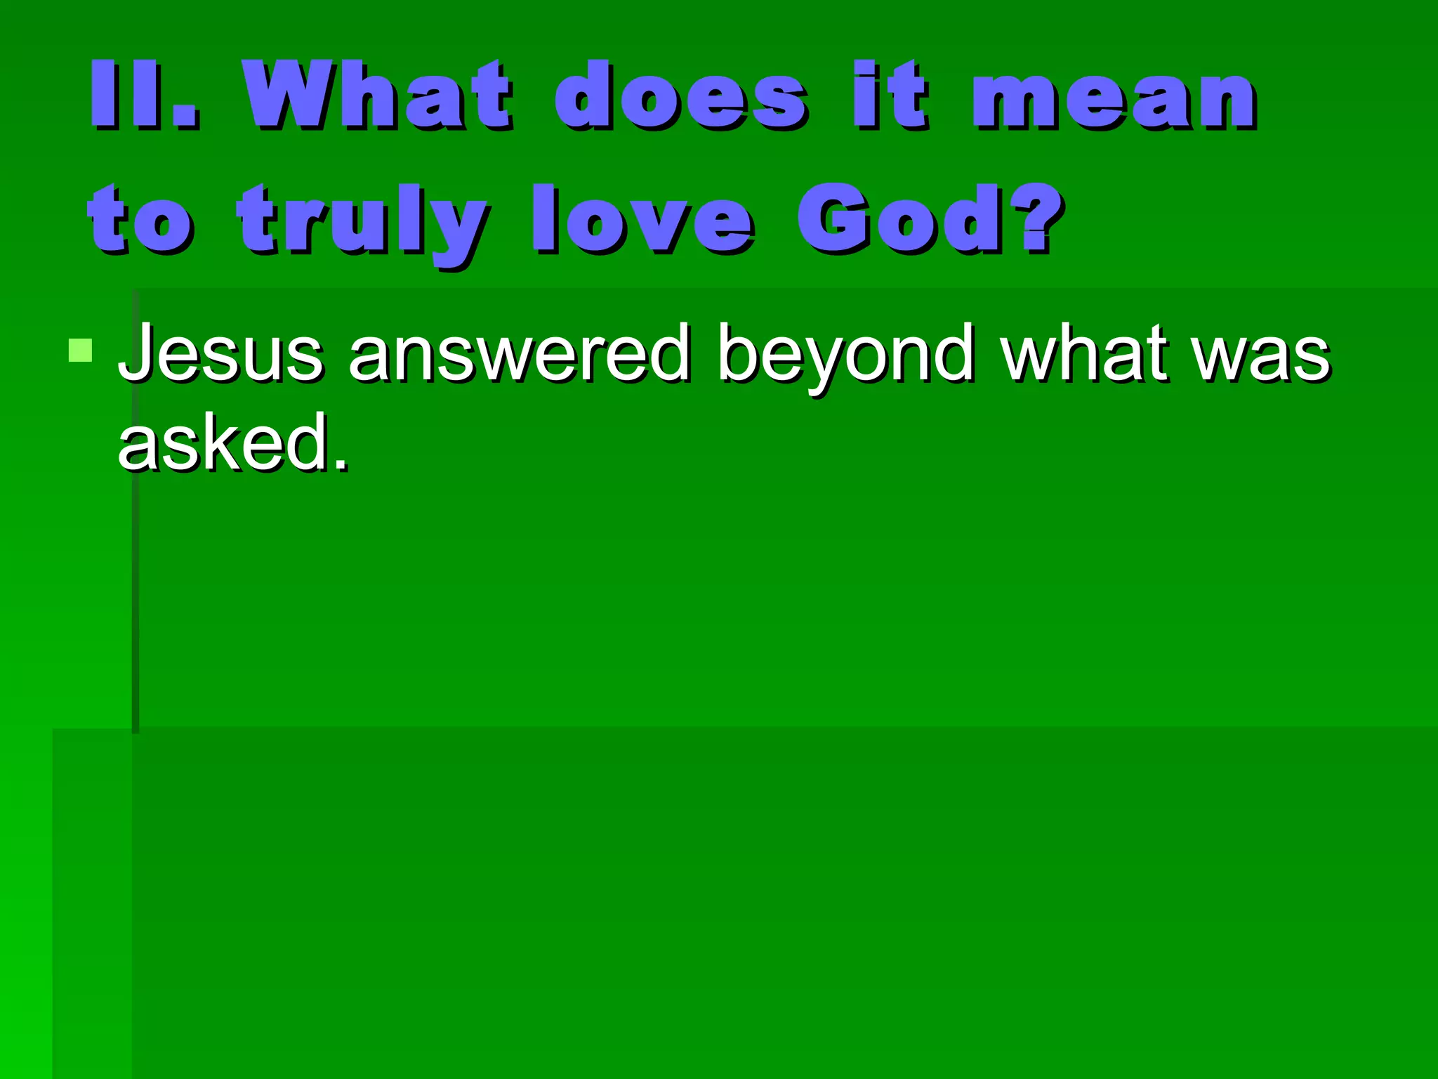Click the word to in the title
140,219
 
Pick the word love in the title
642,219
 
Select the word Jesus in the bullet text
220,353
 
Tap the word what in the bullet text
1086,353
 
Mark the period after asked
341,464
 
